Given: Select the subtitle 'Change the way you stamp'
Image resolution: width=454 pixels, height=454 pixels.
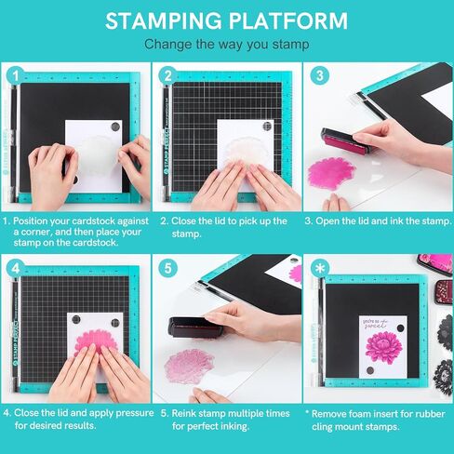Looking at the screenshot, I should coord(226,44).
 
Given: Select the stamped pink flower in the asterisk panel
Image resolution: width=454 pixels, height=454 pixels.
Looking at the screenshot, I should coord(381,344).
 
